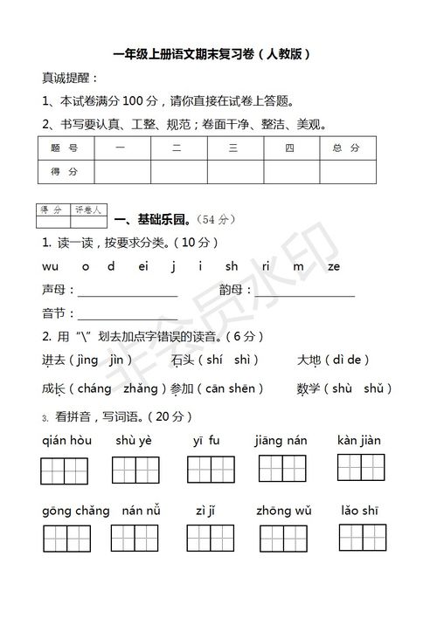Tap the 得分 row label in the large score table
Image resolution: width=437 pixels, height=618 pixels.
66,172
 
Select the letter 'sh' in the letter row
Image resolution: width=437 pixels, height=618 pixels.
232,266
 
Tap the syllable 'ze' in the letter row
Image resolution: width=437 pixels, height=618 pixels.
333,266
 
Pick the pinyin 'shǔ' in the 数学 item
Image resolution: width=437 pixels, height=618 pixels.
371,388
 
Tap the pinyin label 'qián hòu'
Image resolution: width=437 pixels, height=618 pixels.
66,441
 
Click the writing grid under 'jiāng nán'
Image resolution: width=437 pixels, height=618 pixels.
281,470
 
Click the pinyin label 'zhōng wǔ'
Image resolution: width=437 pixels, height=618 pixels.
284,510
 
